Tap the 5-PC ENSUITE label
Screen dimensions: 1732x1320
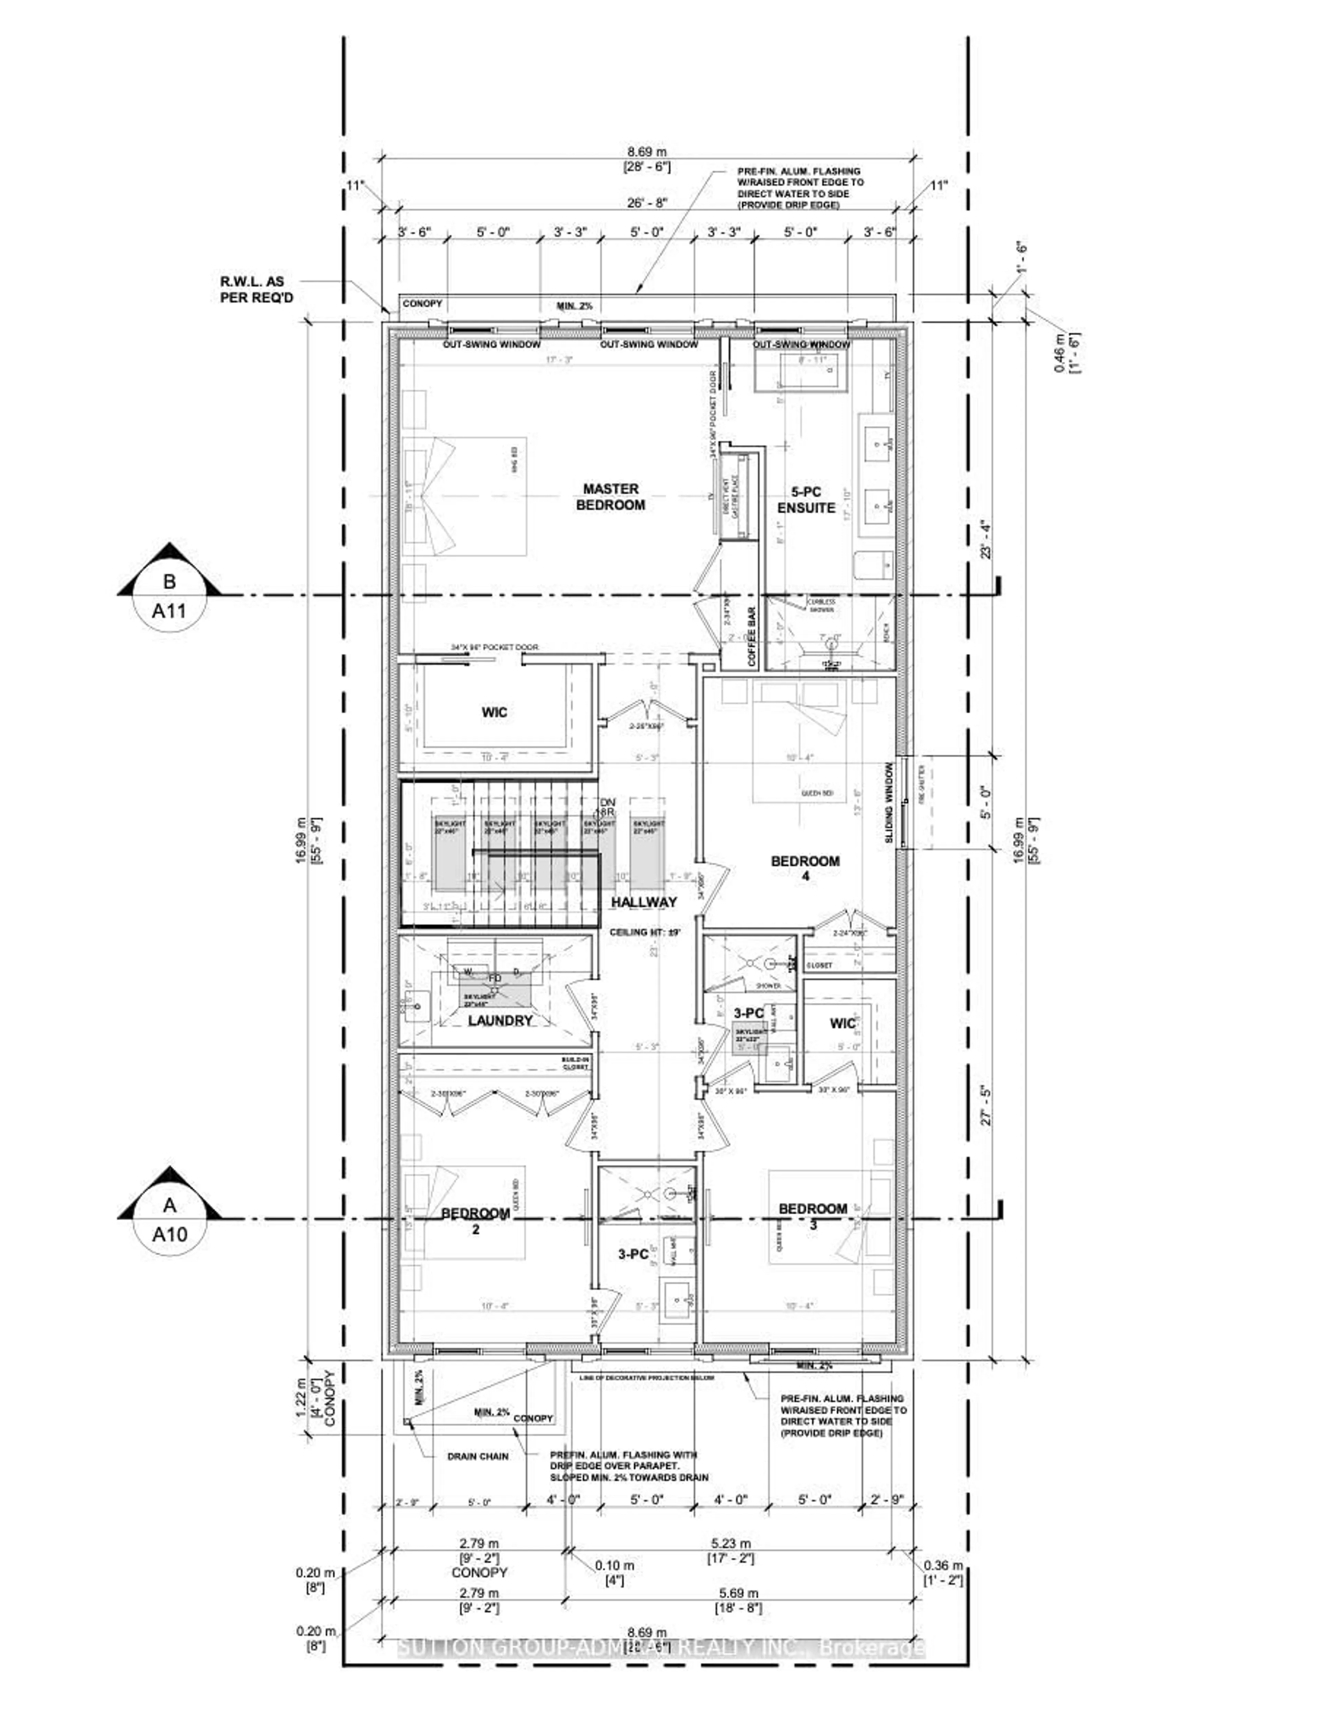805,500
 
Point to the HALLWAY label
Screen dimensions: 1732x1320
643,902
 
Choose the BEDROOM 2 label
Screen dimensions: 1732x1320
475,1220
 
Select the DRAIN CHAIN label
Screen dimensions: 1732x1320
478,1456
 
